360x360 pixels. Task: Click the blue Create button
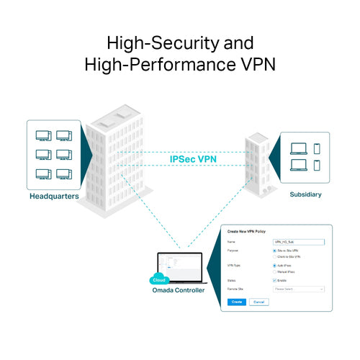point(236,302)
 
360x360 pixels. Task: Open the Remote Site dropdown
point(299,289)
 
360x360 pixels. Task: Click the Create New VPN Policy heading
point(253,232)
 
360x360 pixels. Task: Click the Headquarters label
point(54,196)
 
